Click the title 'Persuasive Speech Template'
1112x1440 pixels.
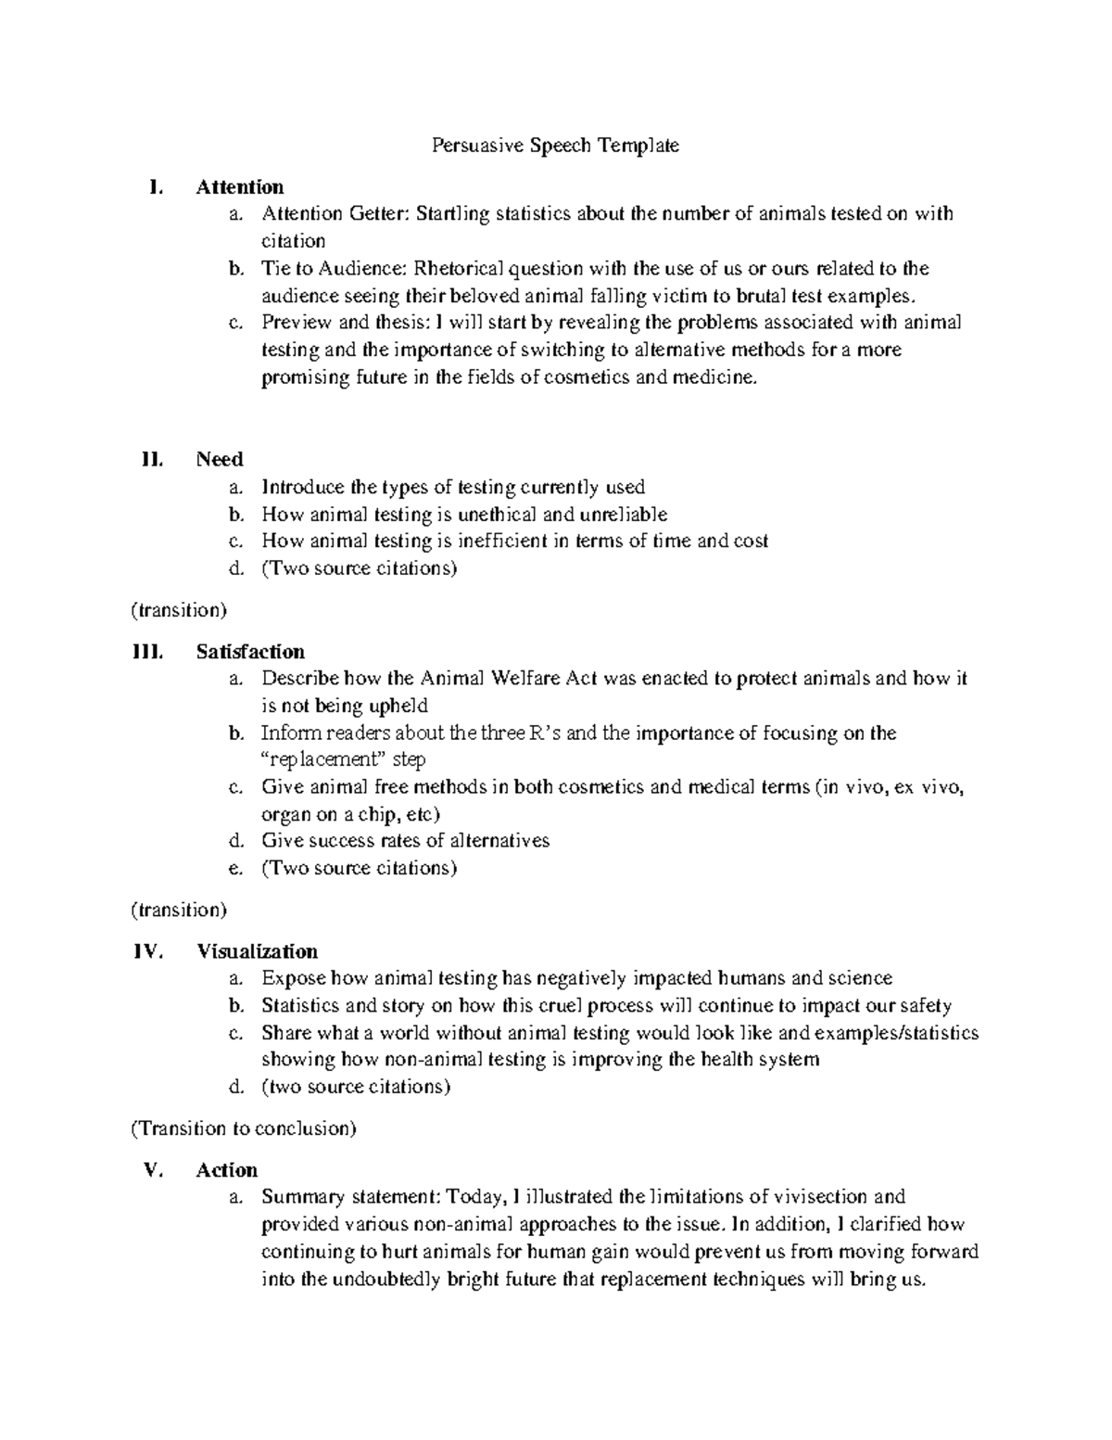click(x=555, y=146)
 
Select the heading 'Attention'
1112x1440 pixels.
click(x=240, y=187)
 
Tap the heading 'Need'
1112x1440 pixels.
click(x=220, y=460)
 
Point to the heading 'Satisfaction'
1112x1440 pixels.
click(x=250, y=652)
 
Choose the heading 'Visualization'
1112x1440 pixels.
click(x=257, y=951)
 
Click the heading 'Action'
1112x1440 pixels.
click(x=227, y=1170)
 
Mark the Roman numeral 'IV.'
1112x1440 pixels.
click(x=148, y=951)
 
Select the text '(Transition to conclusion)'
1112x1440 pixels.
click(x=243, y=1128)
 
